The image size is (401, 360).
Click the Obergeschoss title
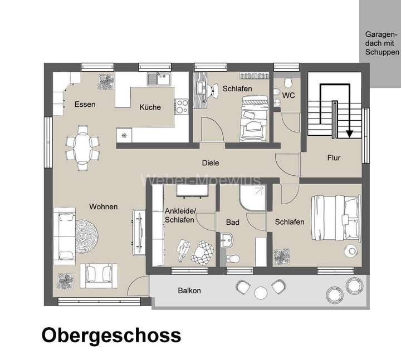pyautogui.click(x=111, y=336)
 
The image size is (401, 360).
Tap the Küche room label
pyautogui.click(x=150, y=107)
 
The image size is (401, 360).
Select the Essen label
pyautogui.click(x=85, y=104)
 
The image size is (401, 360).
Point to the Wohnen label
pyautogui.click(x=104, y=207)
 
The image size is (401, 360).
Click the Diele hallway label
pyautogui.click(x=211, y=163)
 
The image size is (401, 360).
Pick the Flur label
pyautogui.click(x=334, y=157)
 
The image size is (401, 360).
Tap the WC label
pyautogui.click(x=288, y=96)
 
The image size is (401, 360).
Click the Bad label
pyautogui.click(x=232, y=222)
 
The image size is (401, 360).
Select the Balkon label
pyautogui.click(x=189, y=290)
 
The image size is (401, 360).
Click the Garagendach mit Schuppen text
pyautogui.click(x=382, y=43)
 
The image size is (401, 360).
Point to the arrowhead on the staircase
pyautogui.click(x=350, y=133)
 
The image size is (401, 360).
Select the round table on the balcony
pyautogui.click(x=261, y=292)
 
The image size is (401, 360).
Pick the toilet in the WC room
pyautogui.click(x=287, y=83)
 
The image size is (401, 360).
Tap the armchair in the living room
pyautogui.click(x=99, y=275)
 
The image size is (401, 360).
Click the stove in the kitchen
pyautogui.click(x=182, y=106)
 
